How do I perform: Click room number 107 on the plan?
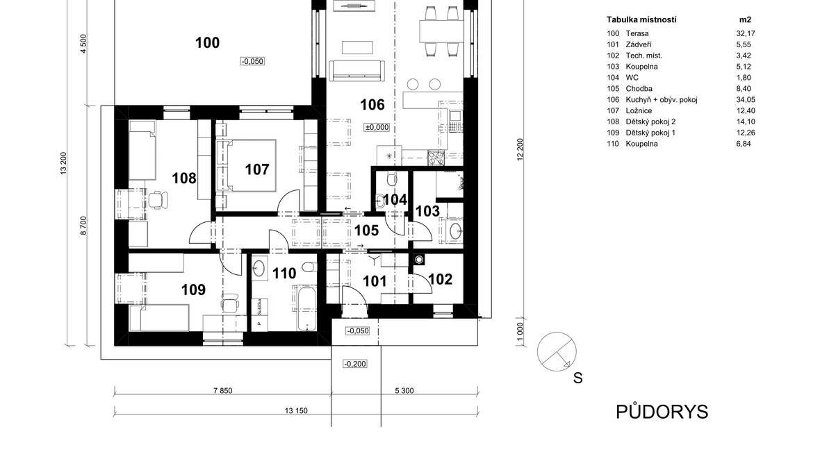pyautogui.click(x=257, y=169)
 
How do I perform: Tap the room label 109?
pyautogui.click(x=193, y=290)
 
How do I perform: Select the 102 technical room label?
pyautogui.click(x=440, y=279)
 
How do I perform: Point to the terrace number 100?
pyautogui.click(x=207, y=43)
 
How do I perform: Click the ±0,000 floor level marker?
pyautogui.click(x=377, y=127)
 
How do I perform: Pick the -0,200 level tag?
pyautogui.click(x=355, y=364)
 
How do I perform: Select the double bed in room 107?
pyautogui.click(x=246, y=166)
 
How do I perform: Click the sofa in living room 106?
pyautogui.click(x=356, y=70)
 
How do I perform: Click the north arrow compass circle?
pyautogui.click(x=557, y=351)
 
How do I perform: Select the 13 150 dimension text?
pyautogui.click(x=296, y=411)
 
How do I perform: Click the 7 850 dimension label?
pyautogui.click(x=223, y=390)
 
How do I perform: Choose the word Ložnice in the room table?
pyautogui.click(x=639, y=111)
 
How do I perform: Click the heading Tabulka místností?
pyautogui.click(x=641, y=20)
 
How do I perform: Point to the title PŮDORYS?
pyautogui.click(x=662, y=412)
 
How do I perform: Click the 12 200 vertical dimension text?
pyautogui.click(x=520, y=149)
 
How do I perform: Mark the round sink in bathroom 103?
pyautogui.click(x=455, y=230)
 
